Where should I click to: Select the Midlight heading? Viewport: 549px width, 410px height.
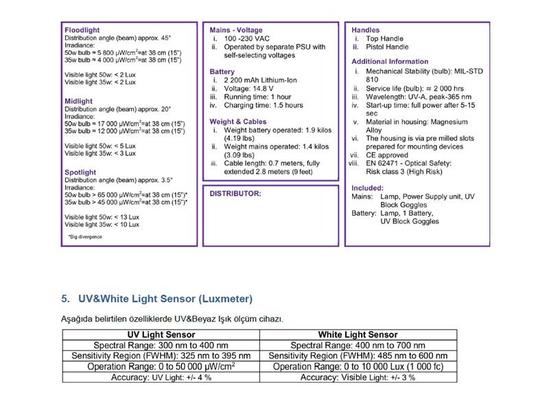(x=78, y=101)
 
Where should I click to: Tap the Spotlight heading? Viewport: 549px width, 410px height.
(x=80, y=172)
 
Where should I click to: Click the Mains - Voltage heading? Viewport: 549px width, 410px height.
(x=235, y=31)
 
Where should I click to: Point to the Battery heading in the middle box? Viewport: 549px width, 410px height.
(x=222, y=72)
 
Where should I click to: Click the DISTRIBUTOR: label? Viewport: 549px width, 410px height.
(x=235, y=194)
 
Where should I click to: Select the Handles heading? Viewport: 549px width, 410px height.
(x=366, y=31)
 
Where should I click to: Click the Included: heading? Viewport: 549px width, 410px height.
(x=368, y=188)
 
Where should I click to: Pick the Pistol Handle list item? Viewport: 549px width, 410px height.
(x=388, y=47)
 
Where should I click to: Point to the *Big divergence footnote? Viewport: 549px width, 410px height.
(x=85, y=237)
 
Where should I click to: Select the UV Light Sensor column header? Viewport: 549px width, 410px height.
(x=161, y=334)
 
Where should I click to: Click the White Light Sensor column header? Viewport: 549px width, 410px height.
(x=358, y=334)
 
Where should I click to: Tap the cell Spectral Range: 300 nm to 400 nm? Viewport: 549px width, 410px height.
(x=161, y=345)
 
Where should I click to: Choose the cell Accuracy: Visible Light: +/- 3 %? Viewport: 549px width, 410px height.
(x=358, y=377)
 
